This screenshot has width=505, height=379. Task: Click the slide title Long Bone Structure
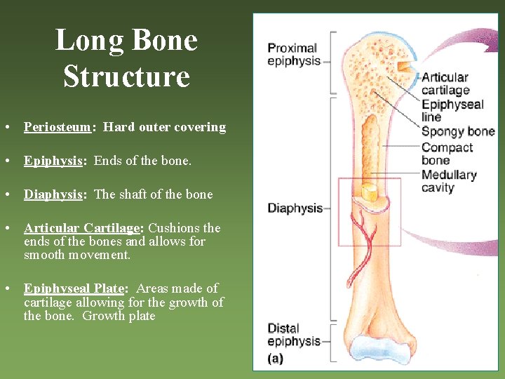(126, 58)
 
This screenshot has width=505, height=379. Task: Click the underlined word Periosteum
(58, 127)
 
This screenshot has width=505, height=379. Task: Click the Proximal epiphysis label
(293, 54)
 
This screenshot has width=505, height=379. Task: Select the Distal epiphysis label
(293, 335)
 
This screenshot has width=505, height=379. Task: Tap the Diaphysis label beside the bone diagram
(295, 208)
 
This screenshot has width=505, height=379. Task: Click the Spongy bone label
(457, 131)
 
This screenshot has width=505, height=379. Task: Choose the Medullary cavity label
(448, 181)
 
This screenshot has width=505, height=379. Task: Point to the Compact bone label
(447, 154)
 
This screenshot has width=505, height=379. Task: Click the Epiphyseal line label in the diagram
(452, 111)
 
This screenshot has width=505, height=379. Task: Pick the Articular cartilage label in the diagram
(445, 84)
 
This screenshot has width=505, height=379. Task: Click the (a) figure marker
(276, 358)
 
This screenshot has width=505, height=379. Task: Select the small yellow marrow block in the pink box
(370, 192)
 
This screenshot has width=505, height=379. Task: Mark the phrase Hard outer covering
(164, 127)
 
